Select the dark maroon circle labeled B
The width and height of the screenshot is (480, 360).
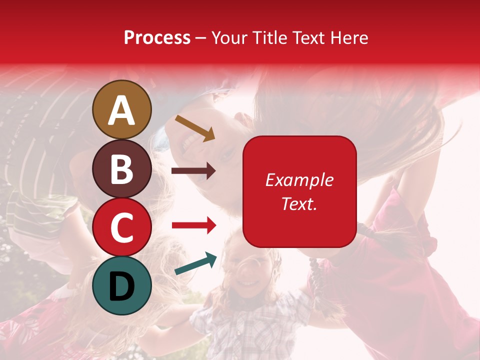point(122,168)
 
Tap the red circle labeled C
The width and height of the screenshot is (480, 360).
point(122,227)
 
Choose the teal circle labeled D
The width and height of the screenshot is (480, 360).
point(122,286)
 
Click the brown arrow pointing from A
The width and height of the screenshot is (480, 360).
point(195,127)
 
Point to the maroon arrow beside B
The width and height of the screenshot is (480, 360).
point(193,171)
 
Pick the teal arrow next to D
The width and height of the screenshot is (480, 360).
point(195,263)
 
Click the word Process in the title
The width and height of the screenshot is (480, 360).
point(157,37)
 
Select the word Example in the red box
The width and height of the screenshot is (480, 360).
point(299,180)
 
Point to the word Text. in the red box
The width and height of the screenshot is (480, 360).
point(299,203)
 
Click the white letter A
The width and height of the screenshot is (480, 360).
point(122,110)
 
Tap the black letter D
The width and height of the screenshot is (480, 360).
point(122,286)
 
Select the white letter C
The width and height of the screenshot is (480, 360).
point(122,228)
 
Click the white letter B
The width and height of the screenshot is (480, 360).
point(122,169)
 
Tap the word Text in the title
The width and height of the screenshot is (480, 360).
point(307,37)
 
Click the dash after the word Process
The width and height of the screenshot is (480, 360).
point(201,38)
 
